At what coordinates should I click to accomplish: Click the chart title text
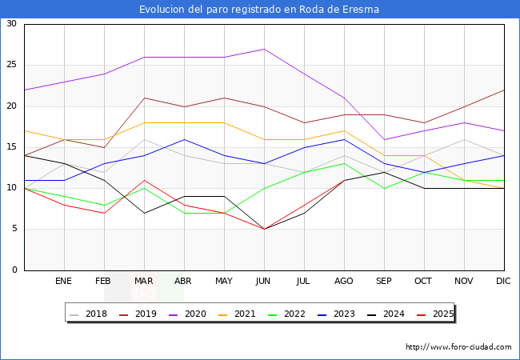point(259,10)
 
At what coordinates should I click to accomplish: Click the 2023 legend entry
point(339,314)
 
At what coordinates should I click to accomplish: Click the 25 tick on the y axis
point(11,65)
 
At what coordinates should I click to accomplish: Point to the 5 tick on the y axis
point(14,229)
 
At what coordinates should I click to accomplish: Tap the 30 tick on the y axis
point(11,24)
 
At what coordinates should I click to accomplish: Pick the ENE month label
point(64,282)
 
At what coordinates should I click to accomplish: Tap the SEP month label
point(384,282)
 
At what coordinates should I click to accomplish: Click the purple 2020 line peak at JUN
point(264,49)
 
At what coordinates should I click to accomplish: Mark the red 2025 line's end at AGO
point(344,180)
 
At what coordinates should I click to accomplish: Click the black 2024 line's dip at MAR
point(144,213)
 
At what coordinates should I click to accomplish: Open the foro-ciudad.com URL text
point(458,347)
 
